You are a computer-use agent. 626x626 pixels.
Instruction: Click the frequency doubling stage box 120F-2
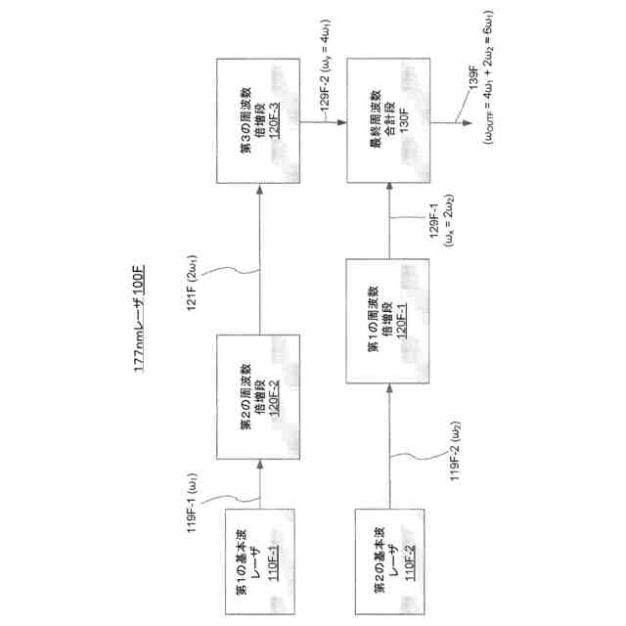(260, 391)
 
